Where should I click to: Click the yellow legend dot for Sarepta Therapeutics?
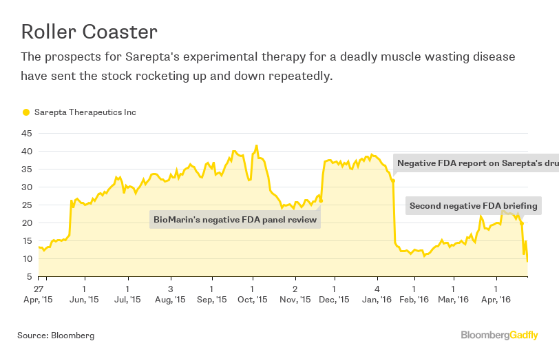coord(26,112)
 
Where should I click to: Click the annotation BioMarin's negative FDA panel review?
coord(235,220)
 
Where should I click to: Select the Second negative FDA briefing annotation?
coord(473,205)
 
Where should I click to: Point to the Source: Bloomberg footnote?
coord(56,336)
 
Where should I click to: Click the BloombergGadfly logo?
coord(499,336)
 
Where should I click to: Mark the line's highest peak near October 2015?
coord(257,145)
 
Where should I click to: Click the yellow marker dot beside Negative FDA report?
coord(393,181)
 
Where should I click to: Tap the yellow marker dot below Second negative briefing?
coord(523,224)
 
